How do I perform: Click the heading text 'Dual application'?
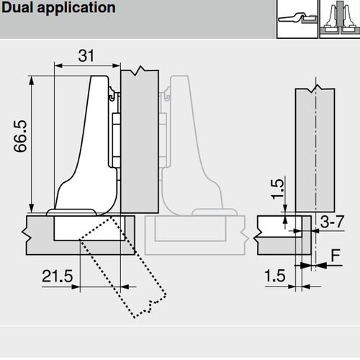coord(58,9)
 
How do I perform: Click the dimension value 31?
coord(84,55)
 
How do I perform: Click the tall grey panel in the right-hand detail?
coord(315,144)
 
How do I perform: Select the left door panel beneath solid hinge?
coord(40,234)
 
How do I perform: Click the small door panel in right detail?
coord(277,234)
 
